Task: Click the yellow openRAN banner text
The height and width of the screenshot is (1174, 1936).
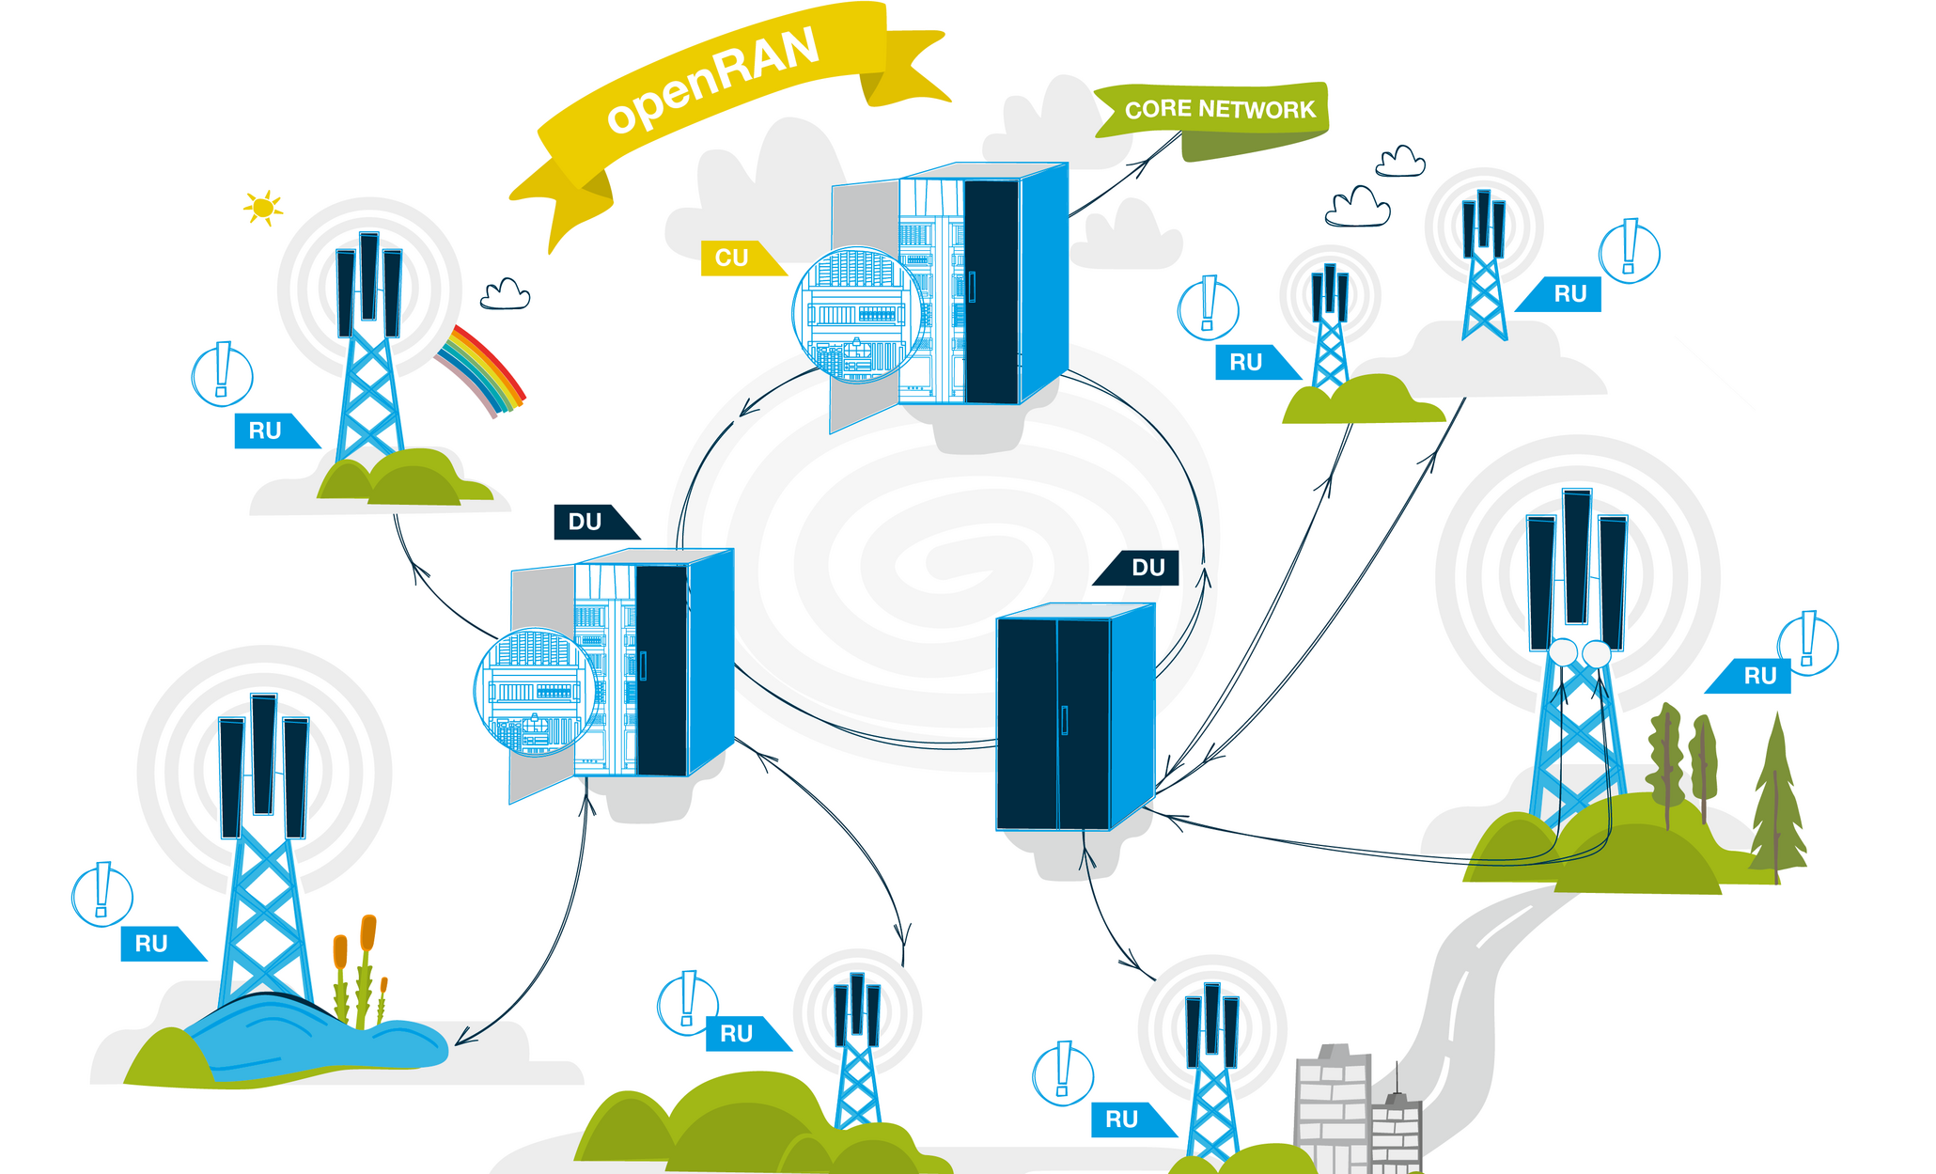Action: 712,81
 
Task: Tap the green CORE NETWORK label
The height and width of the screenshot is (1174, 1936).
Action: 1219,110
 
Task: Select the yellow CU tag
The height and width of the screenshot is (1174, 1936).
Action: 733,258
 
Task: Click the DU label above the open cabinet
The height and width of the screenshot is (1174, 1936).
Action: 586,523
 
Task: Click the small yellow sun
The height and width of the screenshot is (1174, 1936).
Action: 263,207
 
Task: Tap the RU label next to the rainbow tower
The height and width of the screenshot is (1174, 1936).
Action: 266,431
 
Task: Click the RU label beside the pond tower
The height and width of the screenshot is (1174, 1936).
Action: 153,944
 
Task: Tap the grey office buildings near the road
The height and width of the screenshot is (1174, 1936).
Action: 1353,1109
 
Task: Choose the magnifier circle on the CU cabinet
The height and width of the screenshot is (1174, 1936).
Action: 856,315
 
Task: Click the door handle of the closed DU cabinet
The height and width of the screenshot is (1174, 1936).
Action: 1064,720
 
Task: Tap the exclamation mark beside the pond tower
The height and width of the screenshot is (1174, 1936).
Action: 102,893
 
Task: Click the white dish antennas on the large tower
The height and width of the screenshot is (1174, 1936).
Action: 1579,652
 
